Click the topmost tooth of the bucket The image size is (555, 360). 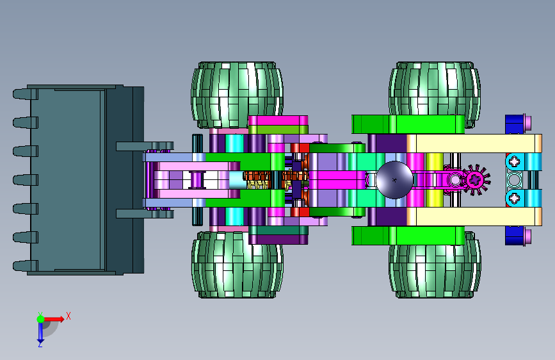point(25,94)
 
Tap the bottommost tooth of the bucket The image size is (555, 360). point(25,266)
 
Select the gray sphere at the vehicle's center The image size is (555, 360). point(394,179)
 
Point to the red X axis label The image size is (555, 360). point(68,316)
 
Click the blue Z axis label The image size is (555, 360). point(40,344)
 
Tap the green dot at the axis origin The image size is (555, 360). point(40,319)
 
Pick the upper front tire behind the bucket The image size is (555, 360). point(237,95)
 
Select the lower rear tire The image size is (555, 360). point(435,265)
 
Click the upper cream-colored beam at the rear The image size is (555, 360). point(474,143)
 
